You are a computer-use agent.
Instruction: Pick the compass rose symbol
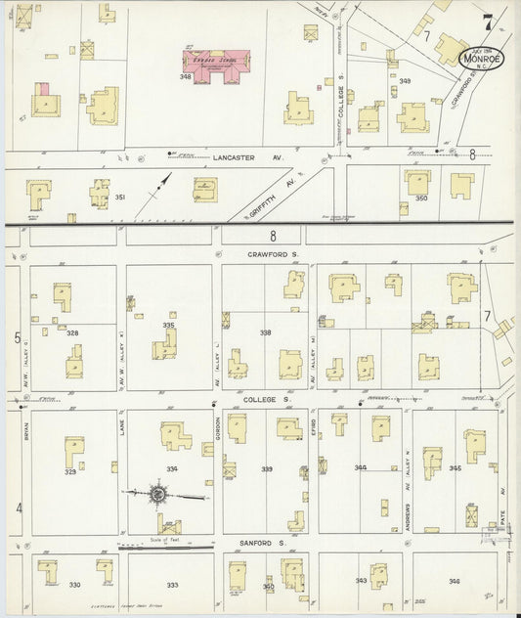(157, 495)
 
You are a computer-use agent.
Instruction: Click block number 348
(185, 76)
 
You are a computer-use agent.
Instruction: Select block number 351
(120, 198)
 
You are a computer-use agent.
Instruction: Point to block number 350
(421, 198)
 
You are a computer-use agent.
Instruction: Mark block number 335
(168, 326)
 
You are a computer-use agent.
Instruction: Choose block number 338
(266, 332)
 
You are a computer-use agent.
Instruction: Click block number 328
(72, 332)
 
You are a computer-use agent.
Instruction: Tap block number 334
(172, 469)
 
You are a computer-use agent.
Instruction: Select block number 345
(455, 468)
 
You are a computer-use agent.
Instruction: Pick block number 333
(172, 585)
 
